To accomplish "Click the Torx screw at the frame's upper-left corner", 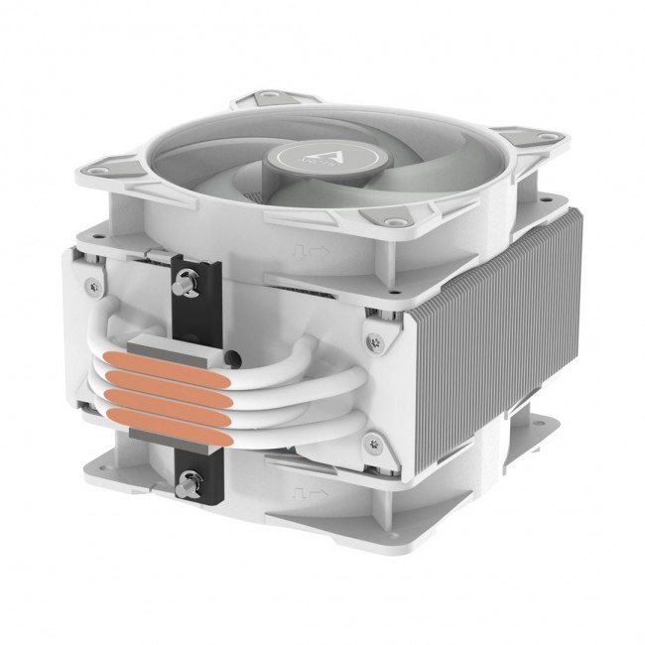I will point(94,287).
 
